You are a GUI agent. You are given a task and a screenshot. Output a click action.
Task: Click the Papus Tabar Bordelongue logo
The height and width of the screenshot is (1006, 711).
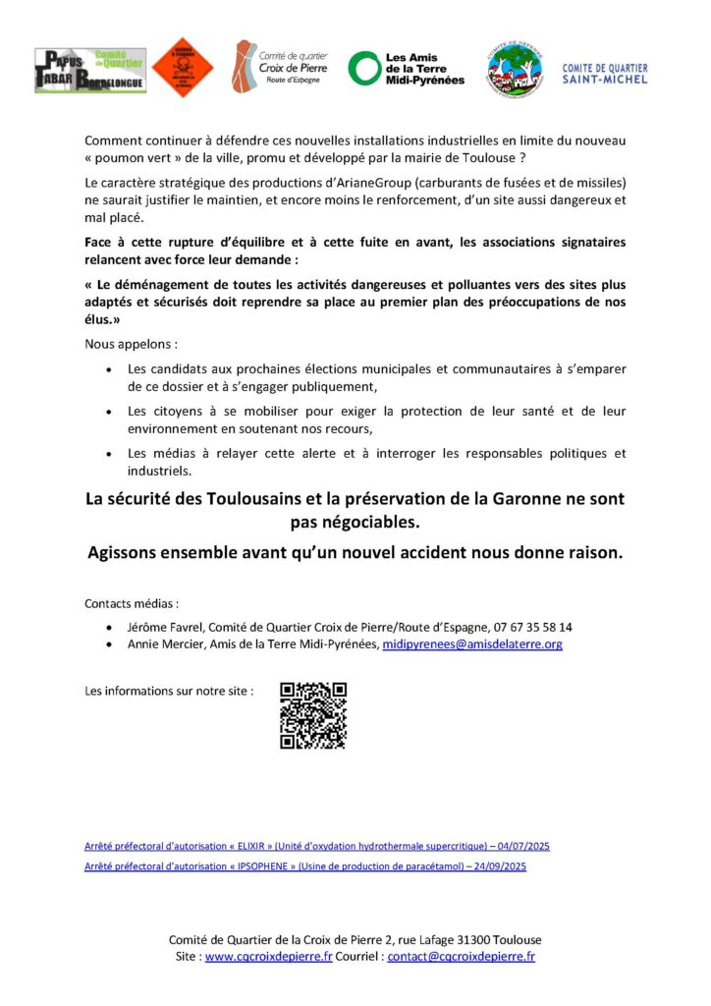point(90,70)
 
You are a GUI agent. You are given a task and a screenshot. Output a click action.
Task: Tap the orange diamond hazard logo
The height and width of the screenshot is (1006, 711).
point(182,68)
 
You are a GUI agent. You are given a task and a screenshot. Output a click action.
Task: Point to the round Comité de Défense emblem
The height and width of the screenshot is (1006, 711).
point(515,69)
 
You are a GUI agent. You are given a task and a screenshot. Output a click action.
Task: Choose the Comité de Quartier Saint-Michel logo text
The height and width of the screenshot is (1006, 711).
point(605,73)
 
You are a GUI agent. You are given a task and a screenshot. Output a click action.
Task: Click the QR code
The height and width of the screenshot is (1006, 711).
point(313,715)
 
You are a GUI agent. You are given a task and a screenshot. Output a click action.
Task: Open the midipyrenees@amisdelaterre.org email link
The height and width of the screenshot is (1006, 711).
point(472,644)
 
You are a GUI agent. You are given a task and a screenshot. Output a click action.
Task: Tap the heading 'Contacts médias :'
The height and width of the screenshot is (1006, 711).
point(133,602)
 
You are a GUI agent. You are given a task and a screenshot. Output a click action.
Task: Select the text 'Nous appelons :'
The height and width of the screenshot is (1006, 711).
point(132,346)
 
